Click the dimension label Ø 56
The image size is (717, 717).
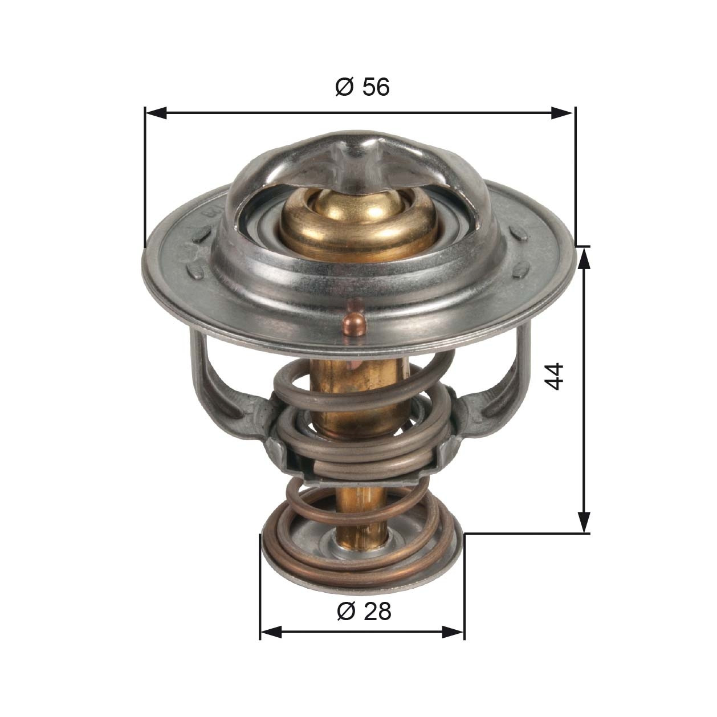tap(362, 87)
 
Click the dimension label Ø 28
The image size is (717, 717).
tap(364, 611)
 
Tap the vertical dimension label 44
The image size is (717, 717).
tap(555, 376)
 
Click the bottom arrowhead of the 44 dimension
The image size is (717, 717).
tap(584, 522)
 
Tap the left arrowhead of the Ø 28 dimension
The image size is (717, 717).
tap(270, 632)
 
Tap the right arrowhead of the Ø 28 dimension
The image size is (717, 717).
tap(454, 632)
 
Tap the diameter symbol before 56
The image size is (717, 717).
tap(344, 87)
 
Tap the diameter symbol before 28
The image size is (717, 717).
tap(346, 611)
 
